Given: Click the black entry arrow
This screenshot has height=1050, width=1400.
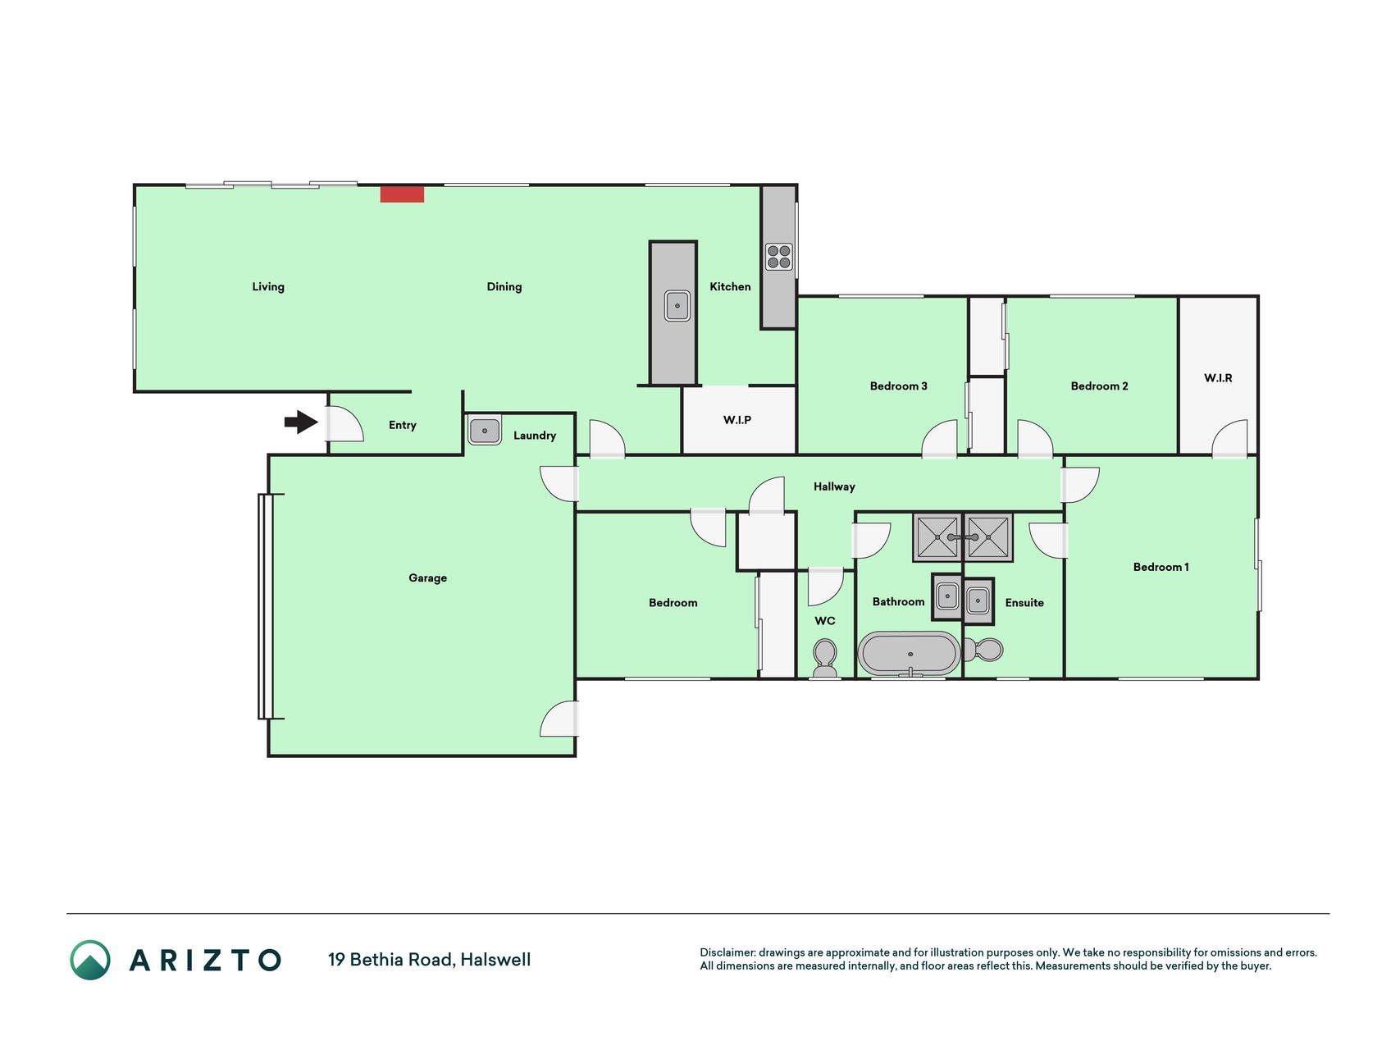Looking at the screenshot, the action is click(x=301, y=422).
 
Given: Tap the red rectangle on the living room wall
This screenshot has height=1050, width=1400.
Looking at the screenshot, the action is click(x=402, y=194).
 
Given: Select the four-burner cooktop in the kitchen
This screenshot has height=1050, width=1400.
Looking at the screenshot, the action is click(x=778, y=257).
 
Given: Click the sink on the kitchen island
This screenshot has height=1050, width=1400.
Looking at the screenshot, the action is click(x=677, y=306).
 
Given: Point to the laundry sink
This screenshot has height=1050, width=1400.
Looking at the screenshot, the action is click(x=485, y=431).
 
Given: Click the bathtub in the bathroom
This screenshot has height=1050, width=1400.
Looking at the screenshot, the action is click(x=910, y=654).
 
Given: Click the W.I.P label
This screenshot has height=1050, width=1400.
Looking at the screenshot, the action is click(x=737, y=420).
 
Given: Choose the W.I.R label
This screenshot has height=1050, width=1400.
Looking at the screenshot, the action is click(x=1218, y=378).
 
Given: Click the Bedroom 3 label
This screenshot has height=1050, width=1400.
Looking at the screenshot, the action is click(x=898, y=386).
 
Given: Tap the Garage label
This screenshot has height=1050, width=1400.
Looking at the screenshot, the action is click(x=427, y=578).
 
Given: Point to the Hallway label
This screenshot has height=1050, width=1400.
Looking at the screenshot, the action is click(x=834, y=487).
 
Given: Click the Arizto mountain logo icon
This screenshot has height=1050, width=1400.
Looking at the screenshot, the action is click(x=90, y=960).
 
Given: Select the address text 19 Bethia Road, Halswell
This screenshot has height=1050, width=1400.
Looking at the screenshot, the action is click(x=429, y=960).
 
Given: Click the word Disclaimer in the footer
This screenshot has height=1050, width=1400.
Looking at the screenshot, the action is click(x=727, y=952).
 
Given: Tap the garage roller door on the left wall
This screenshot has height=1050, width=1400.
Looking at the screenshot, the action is click(x=266, y=606).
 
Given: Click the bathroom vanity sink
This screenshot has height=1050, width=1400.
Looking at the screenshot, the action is click(x=946, y=596).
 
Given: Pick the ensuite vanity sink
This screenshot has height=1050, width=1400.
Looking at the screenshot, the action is click(x=978, y=600).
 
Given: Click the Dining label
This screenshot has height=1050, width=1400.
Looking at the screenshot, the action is click(x=504, y=287).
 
